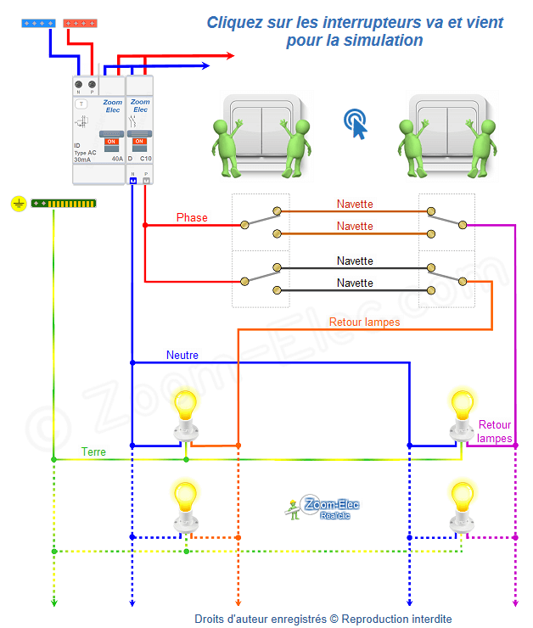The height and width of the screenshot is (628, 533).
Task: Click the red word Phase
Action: pyautogui.click(x=192, y=218)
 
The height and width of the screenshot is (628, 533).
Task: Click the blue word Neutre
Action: pyautogui.click(x=182, y=355)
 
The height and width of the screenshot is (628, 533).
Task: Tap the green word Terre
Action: pyautogui.click(x=93, y=452)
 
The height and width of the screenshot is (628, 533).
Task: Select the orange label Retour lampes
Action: pyautogui.click(x=364, y=322)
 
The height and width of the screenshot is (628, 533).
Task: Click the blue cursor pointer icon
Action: pyautogui.click(x=356, y=124)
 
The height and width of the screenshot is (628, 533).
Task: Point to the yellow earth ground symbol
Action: pyautogui.click(x=19, y=204)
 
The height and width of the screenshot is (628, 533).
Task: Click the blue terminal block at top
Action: pyautogui.click(x=37, y=23)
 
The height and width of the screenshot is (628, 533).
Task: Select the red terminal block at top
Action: pyautogui.click(x=80, y=23)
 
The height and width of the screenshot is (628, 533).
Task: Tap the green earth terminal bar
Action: pyautogui.click(x=64, y=204)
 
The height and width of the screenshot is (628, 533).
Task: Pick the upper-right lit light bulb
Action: pyautogui.click(x=462, y=405)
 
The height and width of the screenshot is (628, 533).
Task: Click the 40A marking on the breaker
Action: pyautogui.click(x=116, y=159)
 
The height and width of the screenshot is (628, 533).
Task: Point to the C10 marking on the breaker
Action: pyautogui.click(x=145, y=159)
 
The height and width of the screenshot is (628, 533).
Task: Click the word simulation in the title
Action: pyautogui.click(x=382, y=40)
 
